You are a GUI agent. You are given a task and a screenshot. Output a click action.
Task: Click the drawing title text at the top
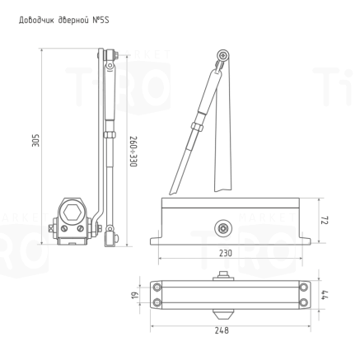tap(63, 17)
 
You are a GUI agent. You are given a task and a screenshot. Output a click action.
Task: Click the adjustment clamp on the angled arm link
tap(194, 127)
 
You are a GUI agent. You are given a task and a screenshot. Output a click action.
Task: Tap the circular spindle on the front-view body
tap(221, 225)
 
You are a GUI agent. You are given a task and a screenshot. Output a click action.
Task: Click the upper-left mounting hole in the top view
tap(157, 287)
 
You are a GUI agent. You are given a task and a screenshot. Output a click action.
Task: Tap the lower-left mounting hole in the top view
tap(157, 302)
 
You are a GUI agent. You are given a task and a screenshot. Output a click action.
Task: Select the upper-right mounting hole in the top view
tap(304, 287)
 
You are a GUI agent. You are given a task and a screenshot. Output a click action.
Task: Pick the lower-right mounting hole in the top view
tap(304, 302)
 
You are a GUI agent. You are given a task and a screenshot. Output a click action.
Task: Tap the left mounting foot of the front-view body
tap(154, 241)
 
